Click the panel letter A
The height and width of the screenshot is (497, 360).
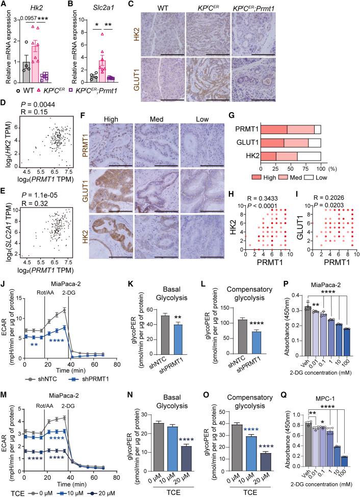[4, 5]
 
